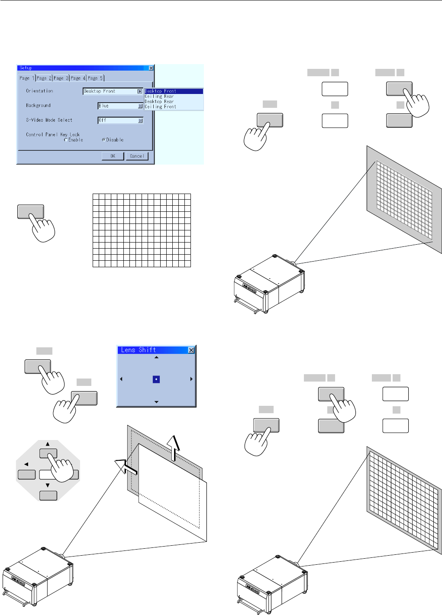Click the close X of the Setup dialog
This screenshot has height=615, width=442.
(x=151, y=68)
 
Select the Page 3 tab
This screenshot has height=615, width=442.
(x=61, y=78)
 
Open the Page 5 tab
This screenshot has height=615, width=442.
(x=95, y=78)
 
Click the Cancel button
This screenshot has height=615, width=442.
(x=137, y=156)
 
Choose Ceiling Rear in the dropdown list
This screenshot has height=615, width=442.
(x=159, y=96)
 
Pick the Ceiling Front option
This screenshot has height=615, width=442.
(x=161, y=107)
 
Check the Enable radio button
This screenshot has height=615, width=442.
(x=66, y=140)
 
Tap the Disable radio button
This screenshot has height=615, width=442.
(x=103, y=140)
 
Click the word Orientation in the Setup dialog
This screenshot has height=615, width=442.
(x=39, y=91)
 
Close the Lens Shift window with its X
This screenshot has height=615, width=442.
(x=191, y=350)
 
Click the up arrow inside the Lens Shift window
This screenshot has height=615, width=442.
(x=156, y=357)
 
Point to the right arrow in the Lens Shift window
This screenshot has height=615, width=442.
(x=191, y=379)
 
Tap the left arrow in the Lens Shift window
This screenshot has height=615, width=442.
(x=121, y=379)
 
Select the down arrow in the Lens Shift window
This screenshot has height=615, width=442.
(x=156, y=402)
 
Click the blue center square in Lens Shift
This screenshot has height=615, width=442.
(x=156, y=379)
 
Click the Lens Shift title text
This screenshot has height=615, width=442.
(x=139, y=350)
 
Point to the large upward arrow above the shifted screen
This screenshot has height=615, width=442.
(x=174, y=446)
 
